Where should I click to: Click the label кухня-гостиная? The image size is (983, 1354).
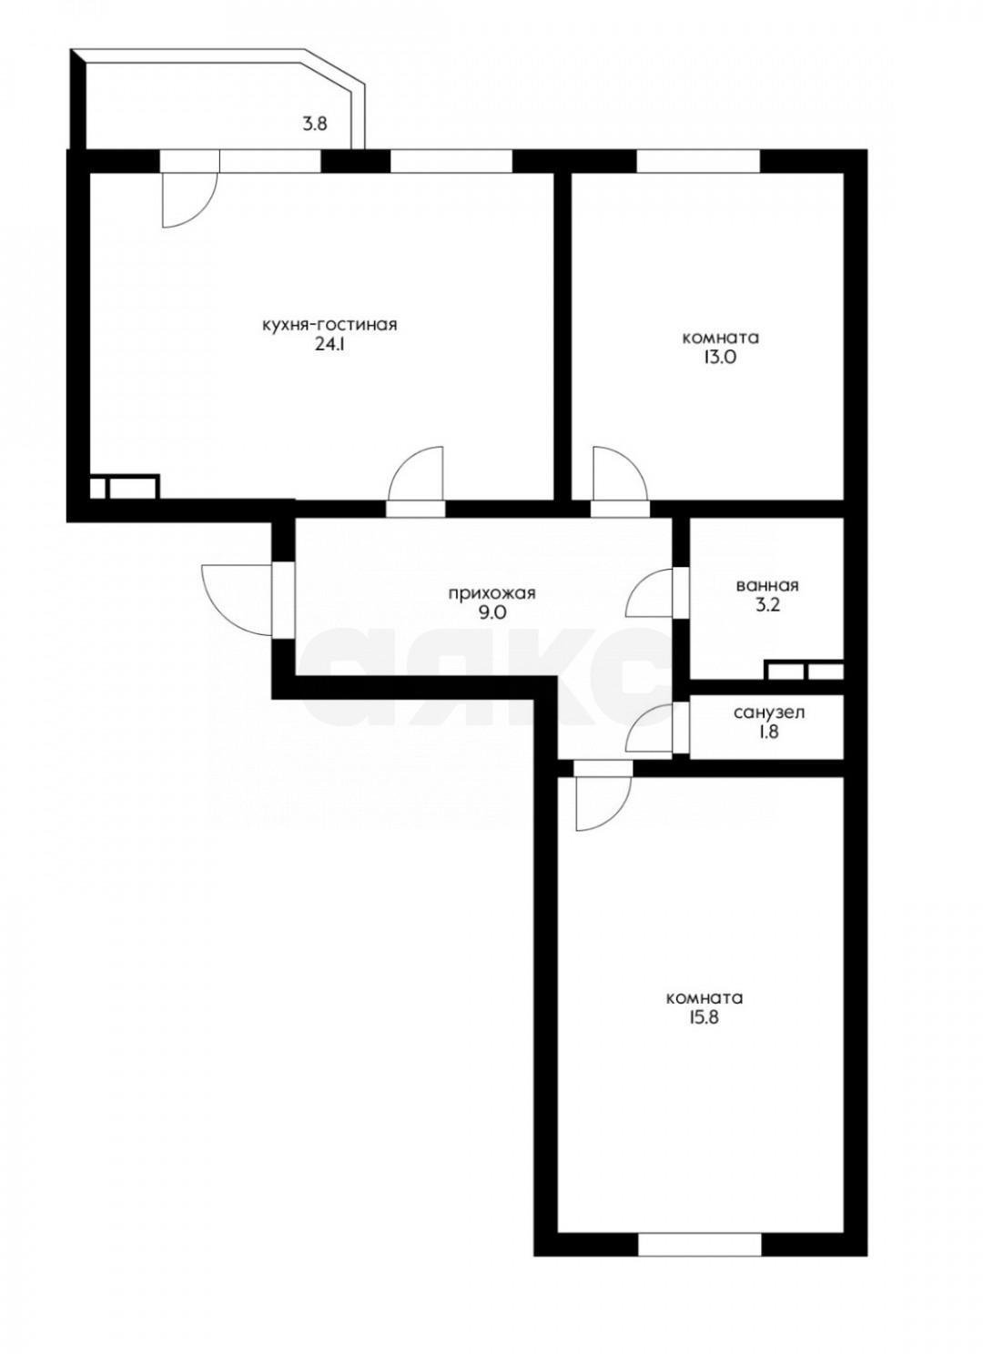(x=329, y=325)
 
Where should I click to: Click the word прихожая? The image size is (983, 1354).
(x=492, y=593)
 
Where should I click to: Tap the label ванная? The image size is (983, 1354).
(x=767, y=585)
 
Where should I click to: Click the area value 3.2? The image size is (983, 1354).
(x=767, y=607)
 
